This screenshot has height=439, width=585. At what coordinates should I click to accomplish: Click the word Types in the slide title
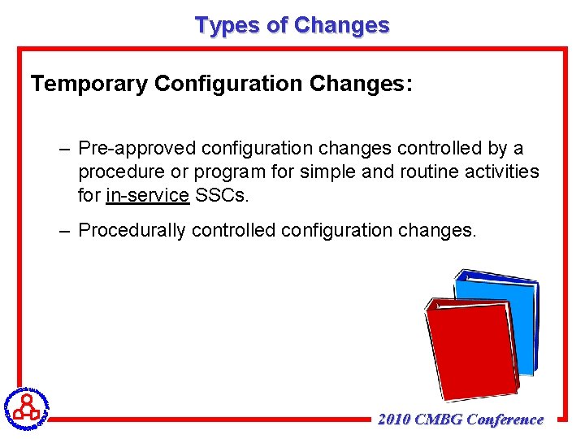(227, 25)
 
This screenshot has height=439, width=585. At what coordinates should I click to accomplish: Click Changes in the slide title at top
(342, 25)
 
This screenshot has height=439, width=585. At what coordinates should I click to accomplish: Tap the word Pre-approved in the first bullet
(137, 149)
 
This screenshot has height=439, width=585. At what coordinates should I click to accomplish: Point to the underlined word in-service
(147, 196)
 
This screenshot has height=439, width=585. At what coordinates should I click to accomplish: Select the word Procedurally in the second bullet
(132, 230)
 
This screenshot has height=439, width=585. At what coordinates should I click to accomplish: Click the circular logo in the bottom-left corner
(25, 406)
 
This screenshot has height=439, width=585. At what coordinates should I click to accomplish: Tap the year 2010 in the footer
(394, 419)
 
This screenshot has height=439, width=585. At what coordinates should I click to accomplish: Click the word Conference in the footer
(505, 419)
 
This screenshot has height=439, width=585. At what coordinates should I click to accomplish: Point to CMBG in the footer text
(439, 419)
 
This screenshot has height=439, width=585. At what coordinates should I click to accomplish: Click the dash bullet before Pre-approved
(64, 150)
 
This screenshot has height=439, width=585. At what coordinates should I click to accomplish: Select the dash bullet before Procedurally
(64, 231)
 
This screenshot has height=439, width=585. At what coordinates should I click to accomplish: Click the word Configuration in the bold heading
(223, 84)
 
